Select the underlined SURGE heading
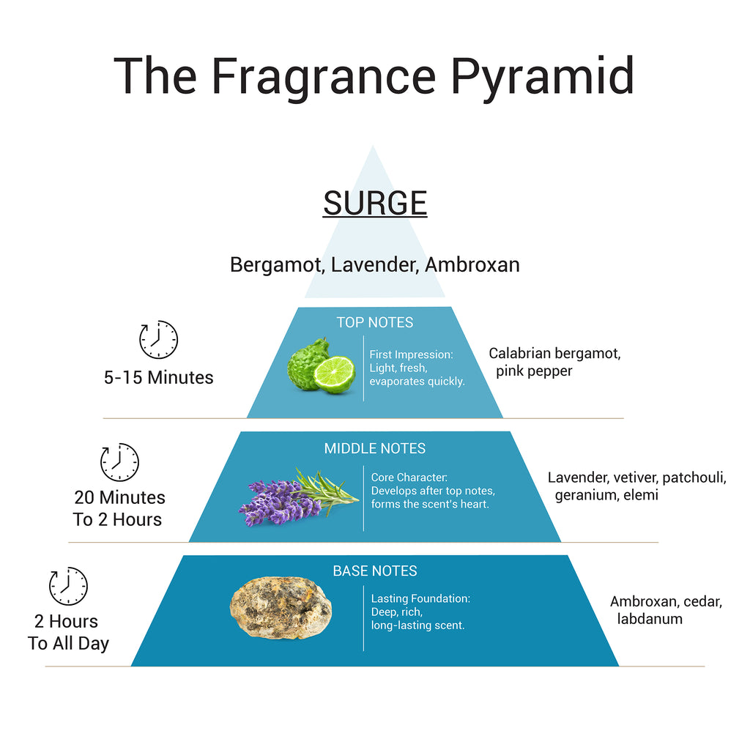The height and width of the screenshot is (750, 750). tap(375, 204)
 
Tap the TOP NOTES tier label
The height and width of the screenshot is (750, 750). tap(375, 322)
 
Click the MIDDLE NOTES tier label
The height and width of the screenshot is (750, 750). tap(375, 448)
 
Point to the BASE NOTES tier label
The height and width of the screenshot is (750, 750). tap(375, 571)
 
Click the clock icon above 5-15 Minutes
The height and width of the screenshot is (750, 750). tap(158, 340)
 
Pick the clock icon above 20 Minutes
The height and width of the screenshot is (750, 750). tap(119, 462)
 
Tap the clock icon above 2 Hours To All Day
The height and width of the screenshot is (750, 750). tap(68, 586)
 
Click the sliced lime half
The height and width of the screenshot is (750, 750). tap(334, 374)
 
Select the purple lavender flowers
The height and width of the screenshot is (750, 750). tap(280, 502)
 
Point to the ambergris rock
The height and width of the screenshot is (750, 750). tap(281, 607)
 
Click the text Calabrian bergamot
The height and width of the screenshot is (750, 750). tap(554, 354)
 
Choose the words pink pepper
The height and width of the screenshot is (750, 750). tap(534, 371)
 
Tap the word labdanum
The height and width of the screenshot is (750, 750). tap(650, 618)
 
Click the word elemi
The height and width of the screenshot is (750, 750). tap(641, 494)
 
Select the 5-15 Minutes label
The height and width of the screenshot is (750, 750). tap(158, 377)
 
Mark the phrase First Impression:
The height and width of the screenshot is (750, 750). tap(412, 354)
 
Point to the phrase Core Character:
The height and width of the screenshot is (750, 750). tap(409, 478)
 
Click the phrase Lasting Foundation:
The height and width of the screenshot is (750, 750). tap(421, 598)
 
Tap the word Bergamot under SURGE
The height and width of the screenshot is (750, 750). tap(278, 265)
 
